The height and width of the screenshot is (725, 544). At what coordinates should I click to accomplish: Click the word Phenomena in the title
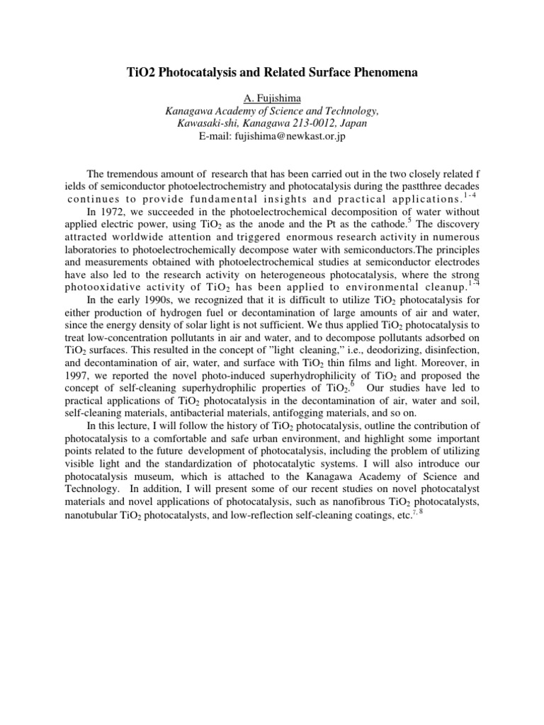coord(401,72)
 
